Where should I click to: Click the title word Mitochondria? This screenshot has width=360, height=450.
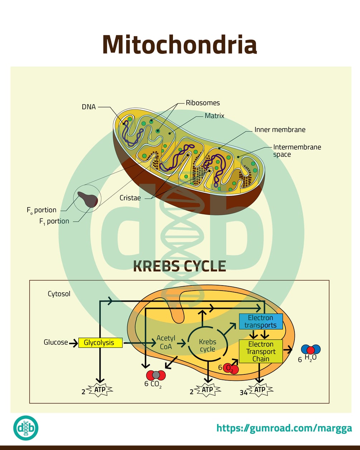(x=179, y=44)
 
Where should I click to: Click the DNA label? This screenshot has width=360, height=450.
(x=88, y=107)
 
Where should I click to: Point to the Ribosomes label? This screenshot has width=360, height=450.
(x=202, y=103)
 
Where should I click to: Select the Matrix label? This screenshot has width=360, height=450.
(x=214, y=116)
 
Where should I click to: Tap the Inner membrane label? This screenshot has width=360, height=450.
(x=280, y=130)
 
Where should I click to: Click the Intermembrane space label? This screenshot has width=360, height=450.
(x=297, y=150)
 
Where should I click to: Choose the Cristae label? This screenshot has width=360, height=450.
(x=130, y=198)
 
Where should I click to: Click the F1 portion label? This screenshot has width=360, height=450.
(x=54, y=221)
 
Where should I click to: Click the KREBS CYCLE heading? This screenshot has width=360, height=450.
(x=179, y=266)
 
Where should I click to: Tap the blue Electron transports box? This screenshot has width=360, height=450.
(x=260, y=321)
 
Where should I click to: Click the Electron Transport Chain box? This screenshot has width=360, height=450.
(x=260, y=351)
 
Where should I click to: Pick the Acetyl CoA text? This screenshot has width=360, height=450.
(x=166, y=343)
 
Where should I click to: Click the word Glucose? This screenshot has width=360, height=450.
(x=56, y=342)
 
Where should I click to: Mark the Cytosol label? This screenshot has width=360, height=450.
(x=59, y=294)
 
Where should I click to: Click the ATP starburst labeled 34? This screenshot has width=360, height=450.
(x=260, y=390)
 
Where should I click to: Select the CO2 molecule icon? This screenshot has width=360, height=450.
(x=156, y=375)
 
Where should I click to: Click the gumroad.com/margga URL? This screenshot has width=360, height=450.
(x=284, y=428)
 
